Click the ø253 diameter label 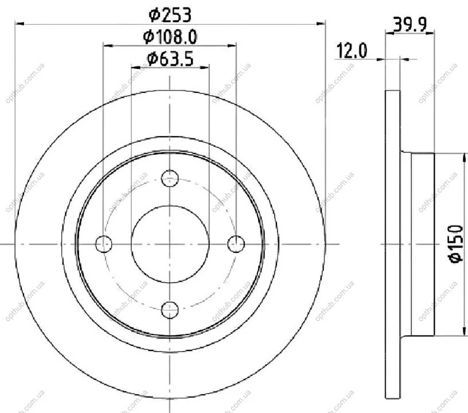[x=170, y=15]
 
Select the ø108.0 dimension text [x=170, y=37]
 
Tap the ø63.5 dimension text [x=170, y=59]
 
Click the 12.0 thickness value [x=352, y=50]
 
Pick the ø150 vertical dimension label [x=457, y=244]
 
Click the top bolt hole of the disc [x=170, y=178]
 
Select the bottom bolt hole [x=170, y=310]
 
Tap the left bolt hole [x=104, y=244]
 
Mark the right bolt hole [x=236, y=244]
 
